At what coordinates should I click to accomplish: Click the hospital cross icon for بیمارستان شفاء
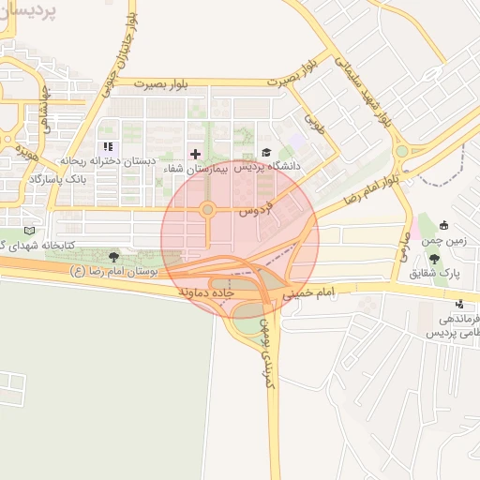coord(195,154)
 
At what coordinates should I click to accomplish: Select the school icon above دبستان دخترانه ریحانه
coord(108,147)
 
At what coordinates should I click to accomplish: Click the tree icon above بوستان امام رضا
coord(114,256)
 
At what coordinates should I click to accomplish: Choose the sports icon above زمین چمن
coord(443,225)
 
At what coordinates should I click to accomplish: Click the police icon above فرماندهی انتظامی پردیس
coord(458,305)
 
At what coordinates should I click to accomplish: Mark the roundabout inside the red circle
coord(207,210)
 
